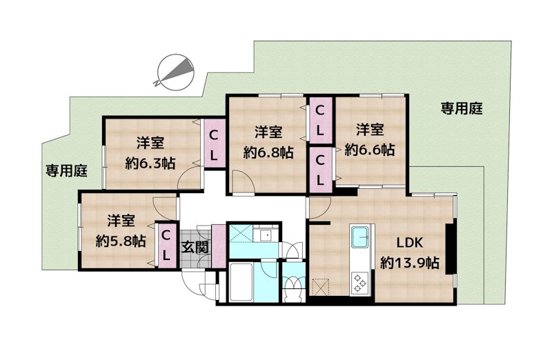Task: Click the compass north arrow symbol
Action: [x=176, y=72]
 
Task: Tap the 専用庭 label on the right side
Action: [x=462, y=108]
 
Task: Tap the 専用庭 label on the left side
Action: [x=66, y=171]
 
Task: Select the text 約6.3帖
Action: [x=150, y=163]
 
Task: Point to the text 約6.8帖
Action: [x=268, y=152]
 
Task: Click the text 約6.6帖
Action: [x=370, y=150]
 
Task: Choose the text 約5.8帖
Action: [x=121, y=241]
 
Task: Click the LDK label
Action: [x=410, y=243]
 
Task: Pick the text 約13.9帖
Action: [x=410, y=263]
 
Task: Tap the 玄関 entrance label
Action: [x=195, y=248]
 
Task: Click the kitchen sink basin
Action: [x=359, y=237]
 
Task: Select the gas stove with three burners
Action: [x=359, y=283]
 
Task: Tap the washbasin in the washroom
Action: [x=266, y=235]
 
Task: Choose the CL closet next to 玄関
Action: [x=166, y=246]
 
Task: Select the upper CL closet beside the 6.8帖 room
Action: [x=319, y=121]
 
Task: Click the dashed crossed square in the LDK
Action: [x=321, y=287]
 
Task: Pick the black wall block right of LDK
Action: [x=449, y=249]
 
